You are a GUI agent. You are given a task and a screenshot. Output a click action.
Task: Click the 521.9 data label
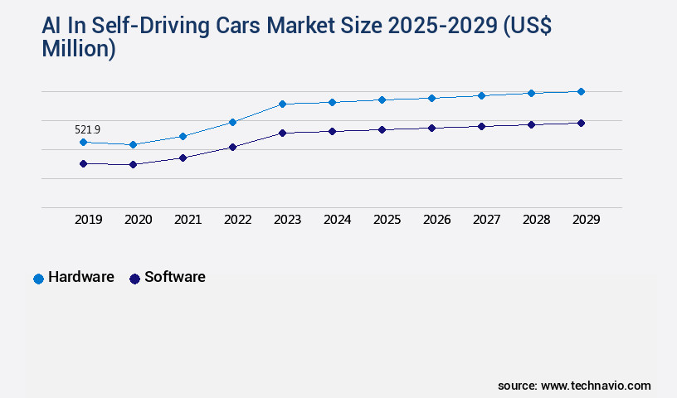(x=87, y=129)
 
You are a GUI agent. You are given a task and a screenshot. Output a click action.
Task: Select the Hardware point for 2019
(x=83, y=143)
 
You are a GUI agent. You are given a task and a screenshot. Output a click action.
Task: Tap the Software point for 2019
(x=83, y=163)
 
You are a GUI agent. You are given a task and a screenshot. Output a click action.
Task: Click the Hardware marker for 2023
(x=282, y=104)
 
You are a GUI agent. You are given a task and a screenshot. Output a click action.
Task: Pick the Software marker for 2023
(x=282, y=133)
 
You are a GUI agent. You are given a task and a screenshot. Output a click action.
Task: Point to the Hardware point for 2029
(x=581, y=91)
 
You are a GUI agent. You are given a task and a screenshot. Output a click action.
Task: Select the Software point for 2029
(x=581, y=123)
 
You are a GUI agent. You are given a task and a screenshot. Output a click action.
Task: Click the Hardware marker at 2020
(x=133, y=144)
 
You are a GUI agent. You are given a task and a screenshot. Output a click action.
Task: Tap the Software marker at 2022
(x=232, y=147)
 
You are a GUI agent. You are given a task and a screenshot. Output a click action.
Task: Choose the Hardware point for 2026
(x=431, y=98)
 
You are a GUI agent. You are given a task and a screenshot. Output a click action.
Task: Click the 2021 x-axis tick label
(x=188, y=220)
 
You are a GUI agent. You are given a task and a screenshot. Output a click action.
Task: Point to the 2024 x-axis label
(x=337, y=220)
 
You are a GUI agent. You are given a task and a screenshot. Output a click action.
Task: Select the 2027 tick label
(x=486, y=220)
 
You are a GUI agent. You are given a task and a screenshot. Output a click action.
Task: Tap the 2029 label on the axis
(x=586, y=220)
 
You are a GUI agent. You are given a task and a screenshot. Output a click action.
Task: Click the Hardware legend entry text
(x=80, y=277)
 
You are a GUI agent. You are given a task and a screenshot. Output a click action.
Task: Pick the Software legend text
(x=174, y=277)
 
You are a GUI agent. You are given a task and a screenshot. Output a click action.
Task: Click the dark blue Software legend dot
(x=134, y=279)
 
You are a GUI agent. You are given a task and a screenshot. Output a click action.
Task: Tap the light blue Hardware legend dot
(x=38, y=279)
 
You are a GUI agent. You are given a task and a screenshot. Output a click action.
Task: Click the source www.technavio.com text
(x=574, y=386)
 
